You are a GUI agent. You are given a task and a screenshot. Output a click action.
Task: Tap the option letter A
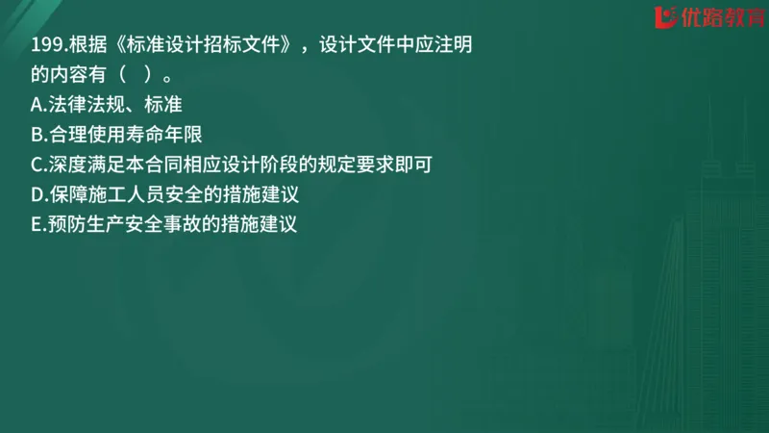[x=37, y=103]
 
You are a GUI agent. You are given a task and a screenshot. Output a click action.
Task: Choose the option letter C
[x=37, y=165]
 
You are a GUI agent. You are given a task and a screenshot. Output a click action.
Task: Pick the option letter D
[x=37, y=195]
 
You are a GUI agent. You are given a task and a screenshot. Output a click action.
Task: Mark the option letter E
[x=37, y=226]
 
